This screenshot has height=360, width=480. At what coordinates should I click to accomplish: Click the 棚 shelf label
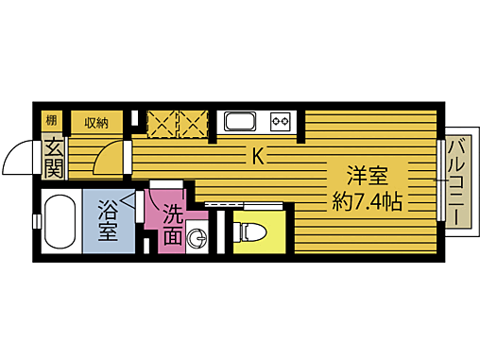(x=52, y=121)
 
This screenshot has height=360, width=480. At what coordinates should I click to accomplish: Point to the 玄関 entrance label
(x=53, y=158)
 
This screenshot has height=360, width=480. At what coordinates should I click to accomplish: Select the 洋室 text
(x=369, y=177)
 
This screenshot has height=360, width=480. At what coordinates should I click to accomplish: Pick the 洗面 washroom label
(x=171, y=225)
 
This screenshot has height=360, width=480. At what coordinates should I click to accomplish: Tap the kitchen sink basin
(x=238, y=122)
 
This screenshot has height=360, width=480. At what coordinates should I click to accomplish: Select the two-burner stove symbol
(x=280, y=122)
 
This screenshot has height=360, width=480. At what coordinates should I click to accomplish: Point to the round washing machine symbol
(x=197, y=238)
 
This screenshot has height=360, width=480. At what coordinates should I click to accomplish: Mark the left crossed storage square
(x=163, y=123)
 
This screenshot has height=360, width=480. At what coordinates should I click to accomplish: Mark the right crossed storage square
(x=193, y=123)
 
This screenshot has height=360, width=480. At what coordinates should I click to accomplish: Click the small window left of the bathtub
(x=36, y=221)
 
